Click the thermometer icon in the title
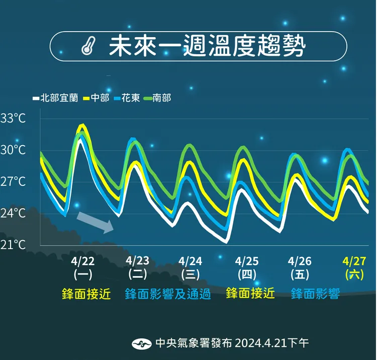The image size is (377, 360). pos(87,47)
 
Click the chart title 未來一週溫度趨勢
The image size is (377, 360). pos(207,47)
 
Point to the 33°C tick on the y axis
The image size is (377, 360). pos(13,119)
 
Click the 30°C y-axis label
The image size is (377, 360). pos(13,150)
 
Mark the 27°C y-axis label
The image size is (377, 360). pos(13,182)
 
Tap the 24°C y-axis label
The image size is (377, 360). pos(13,213)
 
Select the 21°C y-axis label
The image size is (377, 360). pos(13,245)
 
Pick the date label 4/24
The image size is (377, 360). pos(191,261)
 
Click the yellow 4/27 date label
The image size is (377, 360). pos(354,261)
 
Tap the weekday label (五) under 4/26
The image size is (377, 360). pos(300,275)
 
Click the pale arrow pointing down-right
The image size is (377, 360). pos(95,222)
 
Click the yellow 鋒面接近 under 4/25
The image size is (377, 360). pos(250,293)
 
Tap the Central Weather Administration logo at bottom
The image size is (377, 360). pos(142,344)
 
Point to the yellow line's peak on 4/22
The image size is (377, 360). pos(82,125)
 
